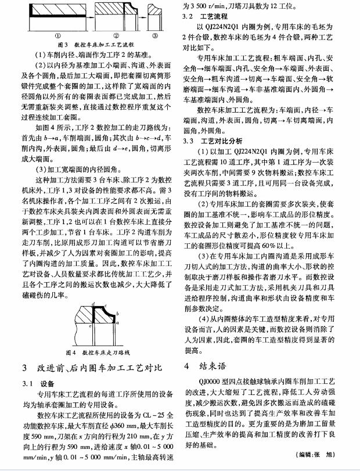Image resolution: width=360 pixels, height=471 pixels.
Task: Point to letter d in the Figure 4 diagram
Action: pos(92,304)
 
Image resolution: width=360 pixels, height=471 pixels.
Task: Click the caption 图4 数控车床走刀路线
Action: pos(96,352)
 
